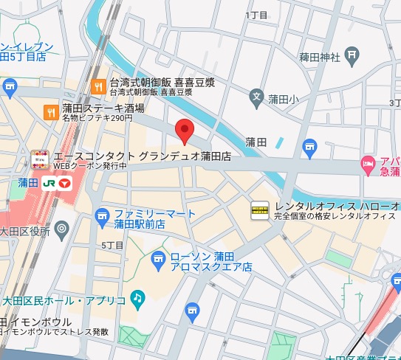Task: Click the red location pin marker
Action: coord(185,131)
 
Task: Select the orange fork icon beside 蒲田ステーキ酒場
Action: coord(50,112)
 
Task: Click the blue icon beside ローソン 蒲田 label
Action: coord(158,259)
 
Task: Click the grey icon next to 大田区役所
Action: coord(62,231)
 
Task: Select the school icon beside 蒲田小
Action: coord(256,96)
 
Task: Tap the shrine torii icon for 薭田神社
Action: coord(352,55)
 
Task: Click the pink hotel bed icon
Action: coord(368,163)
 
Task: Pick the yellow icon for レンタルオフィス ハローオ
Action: coord(260,210)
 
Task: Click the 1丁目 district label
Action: coord(256,15)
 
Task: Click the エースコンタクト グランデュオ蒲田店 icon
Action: coord(41,157)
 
